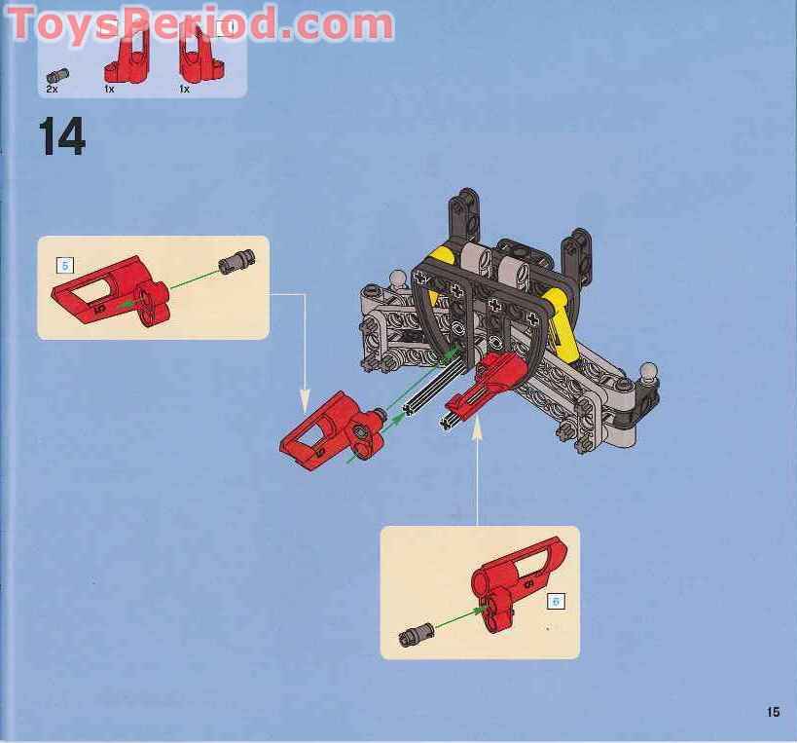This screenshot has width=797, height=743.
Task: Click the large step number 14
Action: click(62, 136)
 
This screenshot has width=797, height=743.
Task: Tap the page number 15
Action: click(772, 712)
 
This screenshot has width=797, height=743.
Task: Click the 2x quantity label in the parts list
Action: click(53, 89)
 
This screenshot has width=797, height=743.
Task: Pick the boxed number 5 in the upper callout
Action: click(65, 264)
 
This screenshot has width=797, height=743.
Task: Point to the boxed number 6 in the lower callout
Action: click(556, 601)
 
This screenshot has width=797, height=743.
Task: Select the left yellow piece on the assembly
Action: click(444, 259)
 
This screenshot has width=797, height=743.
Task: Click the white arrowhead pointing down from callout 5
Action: click(305, 401)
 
